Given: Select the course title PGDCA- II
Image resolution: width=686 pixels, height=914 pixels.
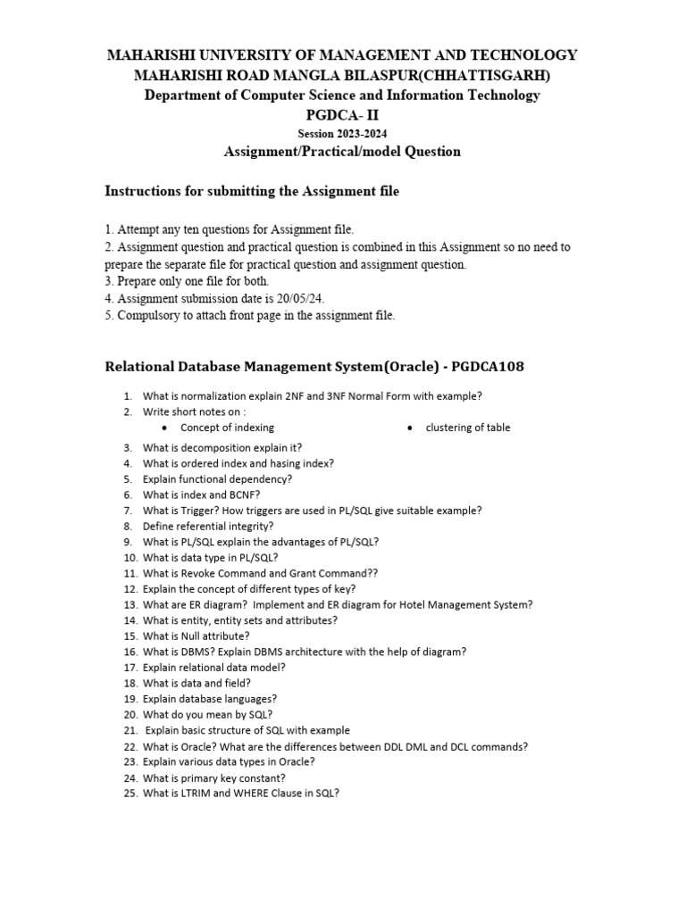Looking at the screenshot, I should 342,114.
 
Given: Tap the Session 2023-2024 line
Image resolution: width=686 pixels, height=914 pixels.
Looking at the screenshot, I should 342,133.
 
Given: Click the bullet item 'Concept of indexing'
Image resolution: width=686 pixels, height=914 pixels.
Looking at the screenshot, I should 227,428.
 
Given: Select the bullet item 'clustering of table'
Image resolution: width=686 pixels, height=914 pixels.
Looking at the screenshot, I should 468,428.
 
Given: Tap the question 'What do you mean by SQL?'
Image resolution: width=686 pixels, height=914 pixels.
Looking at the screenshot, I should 207,714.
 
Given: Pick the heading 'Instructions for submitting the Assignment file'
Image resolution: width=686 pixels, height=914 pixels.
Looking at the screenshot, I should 252,191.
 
